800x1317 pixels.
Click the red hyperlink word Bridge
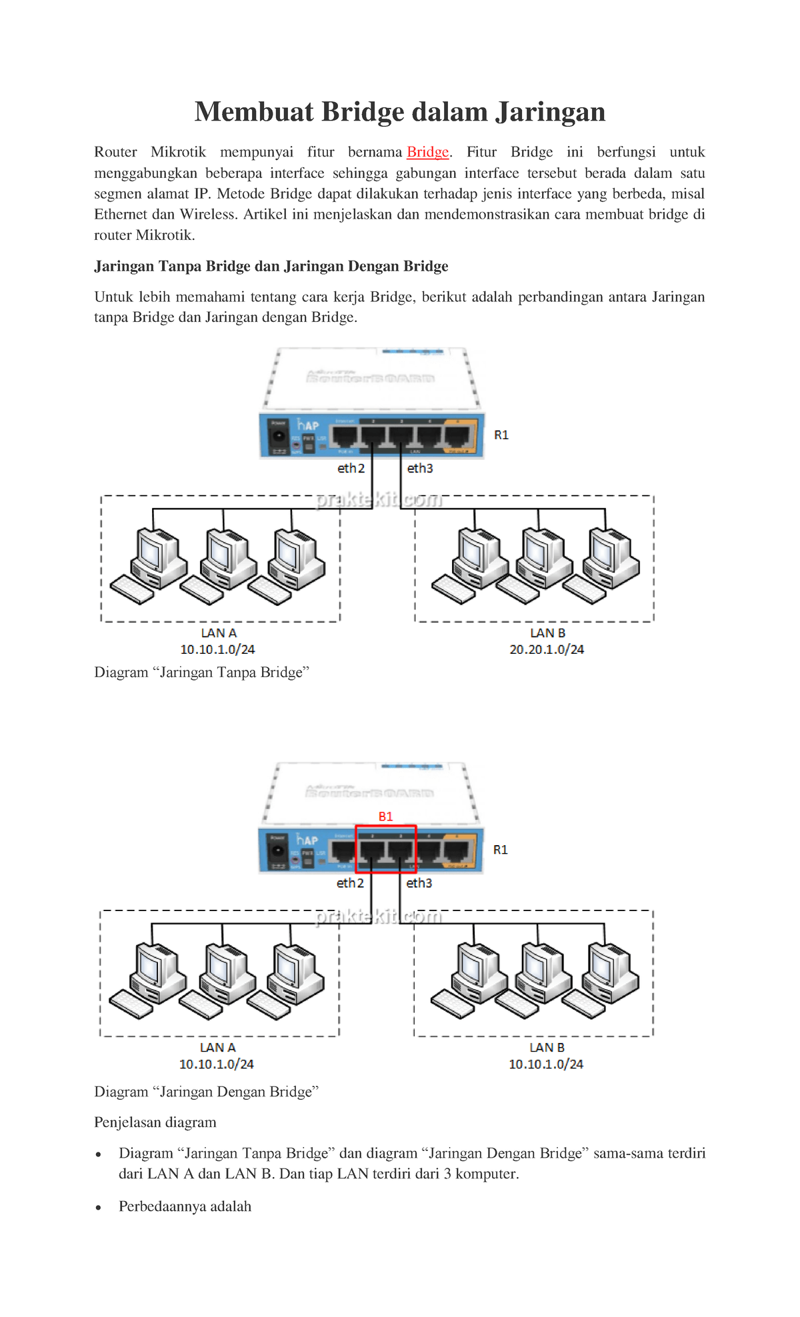(x=427, y=152)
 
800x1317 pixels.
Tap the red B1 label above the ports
(x=385, y=816)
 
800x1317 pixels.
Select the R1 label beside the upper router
(x=501, y=435)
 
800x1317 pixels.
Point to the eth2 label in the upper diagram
(x=351, y=469)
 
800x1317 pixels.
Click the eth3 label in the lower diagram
(x=419, y=883)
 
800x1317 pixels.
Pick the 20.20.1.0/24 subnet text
(x=547, y=649)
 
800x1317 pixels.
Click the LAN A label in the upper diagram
(x=219, y=633)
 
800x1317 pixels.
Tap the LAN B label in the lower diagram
(x=547, y=1048)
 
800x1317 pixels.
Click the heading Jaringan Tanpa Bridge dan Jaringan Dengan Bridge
(x=271, y=267)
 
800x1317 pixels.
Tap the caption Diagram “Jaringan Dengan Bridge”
(x=206, y=1092)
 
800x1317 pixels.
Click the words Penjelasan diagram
(x=155, y=1122)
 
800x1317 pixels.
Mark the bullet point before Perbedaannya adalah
(x=98, y=1208)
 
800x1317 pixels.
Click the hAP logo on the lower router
(x=307, y=840)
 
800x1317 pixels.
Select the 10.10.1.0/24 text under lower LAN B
(x=545, y=1064)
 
